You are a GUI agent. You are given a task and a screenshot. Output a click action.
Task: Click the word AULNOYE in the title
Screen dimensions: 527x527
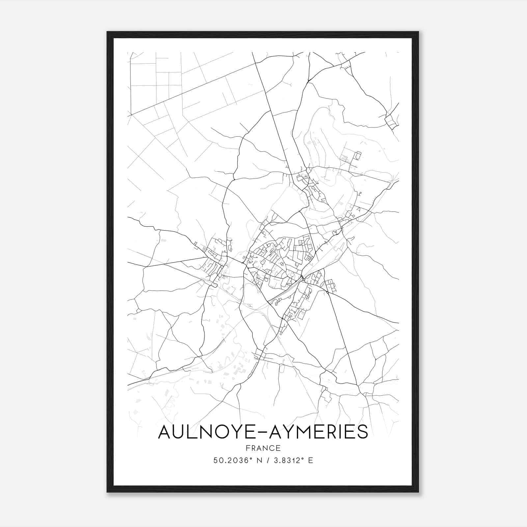pos(207,432)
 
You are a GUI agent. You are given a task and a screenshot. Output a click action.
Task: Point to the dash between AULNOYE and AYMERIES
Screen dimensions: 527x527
pos(263,432)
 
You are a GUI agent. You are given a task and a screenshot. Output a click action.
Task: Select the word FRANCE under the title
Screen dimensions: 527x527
pos(263,448)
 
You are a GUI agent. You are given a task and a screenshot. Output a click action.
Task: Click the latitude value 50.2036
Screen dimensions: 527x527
pos(229,460)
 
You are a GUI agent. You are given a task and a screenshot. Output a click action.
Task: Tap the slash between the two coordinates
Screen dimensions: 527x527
pos(268,460)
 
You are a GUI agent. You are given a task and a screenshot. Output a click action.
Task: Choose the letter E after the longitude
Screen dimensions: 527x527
pos(311,460)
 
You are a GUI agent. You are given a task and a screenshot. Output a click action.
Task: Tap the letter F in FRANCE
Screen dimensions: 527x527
pos(248,448)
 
